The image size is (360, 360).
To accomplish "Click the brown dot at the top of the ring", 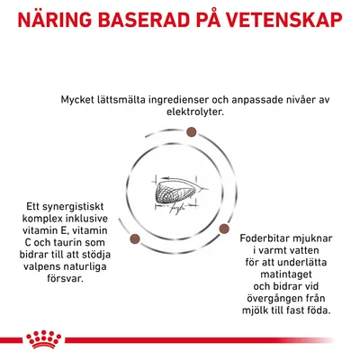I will (x=191, y=134).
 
